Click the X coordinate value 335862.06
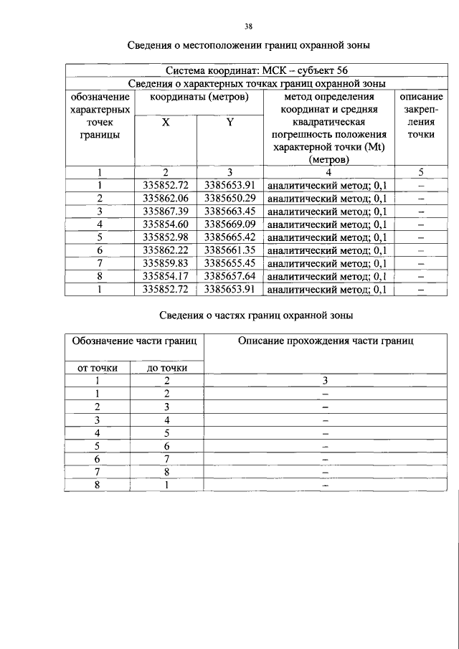coord(165,198)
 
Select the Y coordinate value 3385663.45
coord(230,211)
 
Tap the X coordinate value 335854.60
coord(165,224)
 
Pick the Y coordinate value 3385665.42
coord(230,237)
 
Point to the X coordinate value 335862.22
coord(165,250)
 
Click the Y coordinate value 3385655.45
coord(230,263)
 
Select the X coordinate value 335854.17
coord(165,276)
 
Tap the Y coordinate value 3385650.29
coord(230,198)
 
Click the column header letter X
coord(165,123)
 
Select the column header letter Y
coord(230,123)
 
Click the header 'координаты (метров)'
coord(198,97)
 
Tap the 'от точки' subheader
coord(98,368)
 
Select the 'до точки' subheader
coord(167,368)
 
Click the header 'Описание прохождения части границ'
coord(326,341)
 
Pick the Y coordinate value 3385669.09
coord(230,224)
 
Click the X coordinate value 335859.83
coord(165,263)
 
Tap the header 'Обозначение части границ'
coord(133,341)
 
